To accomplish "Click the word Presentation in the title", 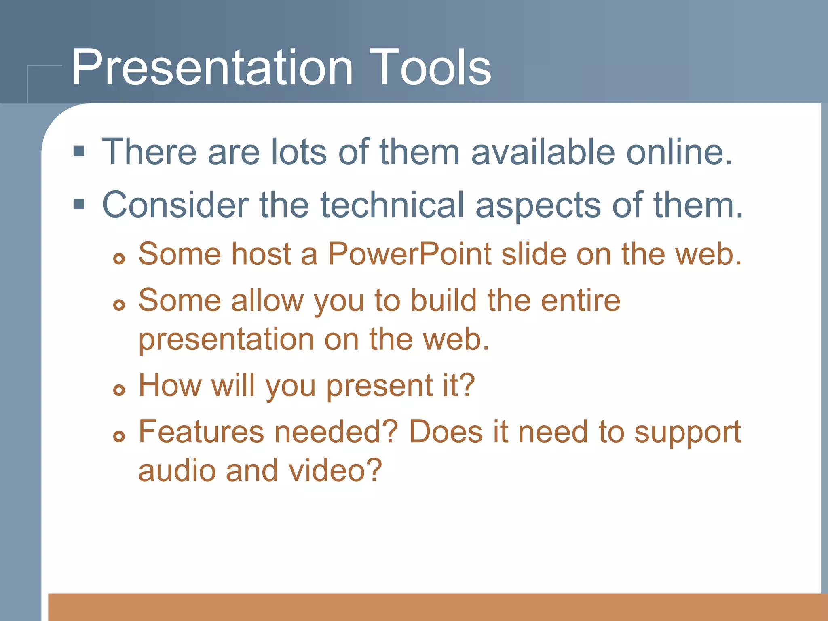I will point(212,68).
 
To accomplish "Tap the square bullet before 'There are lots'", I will point(79,152).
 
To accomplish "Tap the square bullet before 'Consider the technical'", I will point(79,204).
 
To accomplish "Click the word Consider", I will point(175,205).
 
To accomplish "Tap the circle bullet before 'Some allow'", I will point(119,305).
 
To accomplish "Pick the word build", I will point(444,301).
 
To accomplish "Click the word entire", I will point(581,301).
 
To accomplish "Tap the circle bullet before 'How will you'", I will point(119,390).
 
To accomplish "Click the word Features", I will point(201,432).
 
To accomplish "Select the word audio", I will point(177,471).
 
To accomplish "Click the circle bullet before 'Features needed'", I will point(119,436).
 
